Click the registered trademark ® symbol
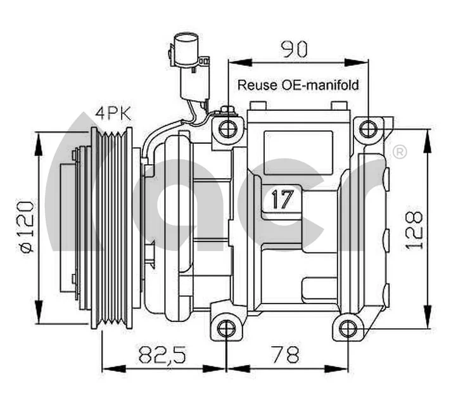(x=400, y=152)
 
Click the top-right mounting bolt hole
(x=368, y=129)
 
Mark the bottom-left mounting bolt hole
(x=227, y=328)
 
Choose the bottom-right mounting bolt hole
(x=347, y=328)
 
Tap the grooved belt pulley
(x=113, y=228)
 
